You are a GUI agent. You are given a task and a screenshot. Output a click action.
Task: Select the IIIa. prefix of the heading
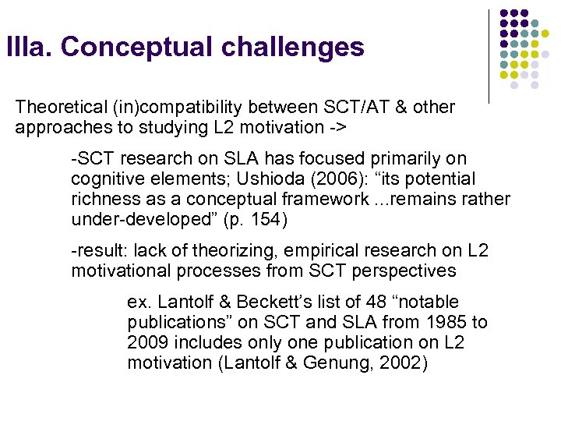click(x=29, y=48)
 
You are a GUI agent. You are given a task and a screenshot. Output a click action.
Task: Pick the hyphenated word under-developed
click(x=132, y=220)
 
